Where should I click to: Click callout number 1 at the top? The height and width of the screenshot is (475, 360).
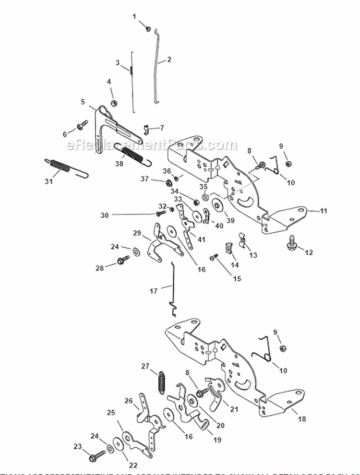pos(134,16)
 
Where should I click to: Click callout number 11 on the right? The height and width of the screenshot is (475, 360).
pos(323,210)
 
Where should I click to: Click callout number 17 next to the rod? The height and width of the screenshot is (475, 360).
pos(154,291)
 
